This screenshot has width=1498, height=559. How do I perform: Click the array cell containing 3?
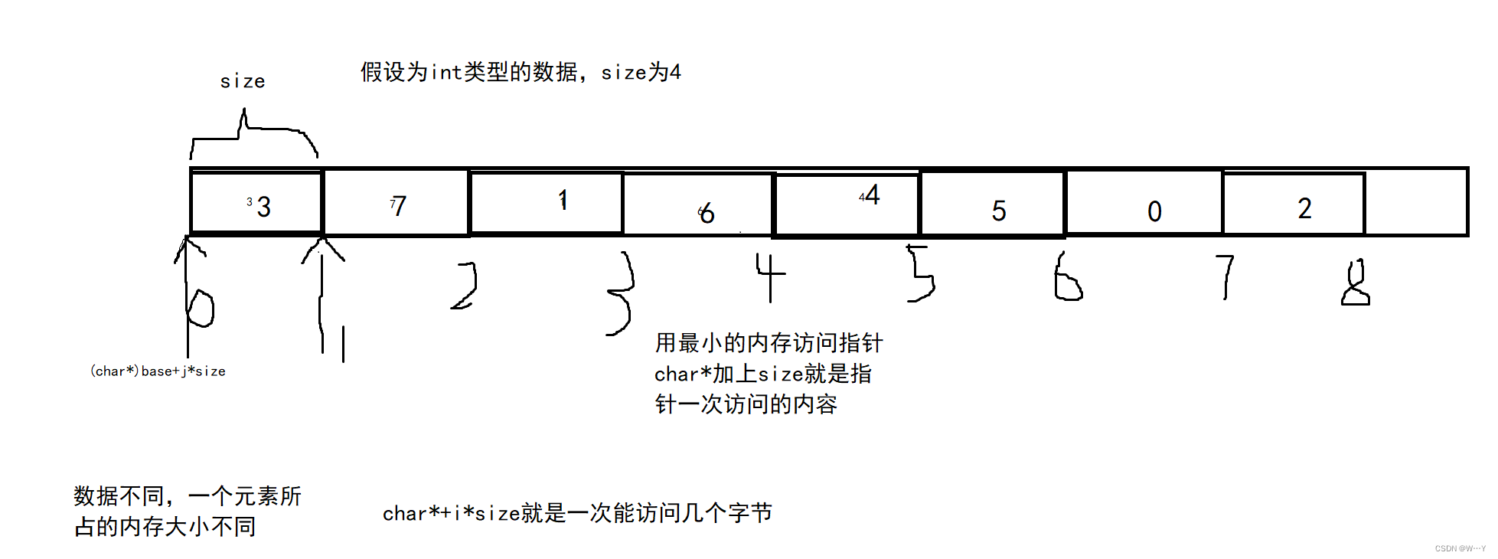point(256,203)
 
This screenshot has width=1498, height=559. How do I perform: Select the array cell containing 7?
point(397,203)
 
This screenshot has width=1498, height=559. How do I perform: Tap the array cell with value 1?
point(547,202)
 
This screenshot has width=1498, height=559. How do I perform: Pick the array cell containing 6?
point(699,204)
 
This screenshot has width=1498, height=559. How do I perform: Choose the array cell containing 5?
point(993,204)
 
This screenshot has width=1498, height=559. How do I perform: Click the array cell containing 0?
point(1144,203)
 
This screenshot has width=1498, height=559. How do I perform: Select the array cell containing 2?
point(1294,204)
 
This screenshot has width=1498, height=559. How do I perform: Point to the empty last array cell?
point(1416,203)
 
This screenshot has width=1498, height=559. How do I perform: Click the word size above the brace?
point(243,81)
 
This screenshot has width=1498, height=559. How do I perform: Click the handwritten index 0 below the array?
point(201,308)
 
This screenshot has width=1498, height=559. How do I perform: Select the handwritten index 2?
point(465,286)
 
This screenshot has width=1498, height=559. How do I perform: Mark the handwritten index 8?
point(1356,283)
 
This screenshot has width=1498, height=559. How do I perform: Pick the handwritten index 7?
point(1226,276)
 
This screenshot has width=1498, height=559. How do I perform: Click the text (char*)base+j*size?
point(158,371)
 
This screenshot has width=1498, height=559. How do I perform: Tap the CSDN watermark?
point(1460,548)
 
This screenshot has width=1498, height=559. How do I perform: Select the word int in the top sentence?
point(447,73)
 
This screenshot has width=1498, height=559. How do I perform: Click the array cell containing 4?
point(847,204)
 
